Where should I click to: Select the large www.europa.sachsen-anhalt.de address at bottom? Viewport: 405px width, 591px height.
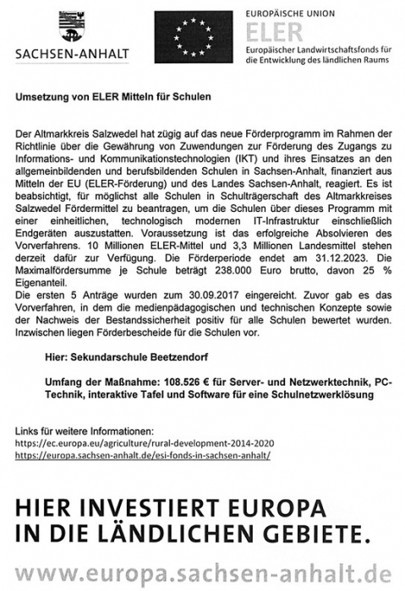202,572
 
